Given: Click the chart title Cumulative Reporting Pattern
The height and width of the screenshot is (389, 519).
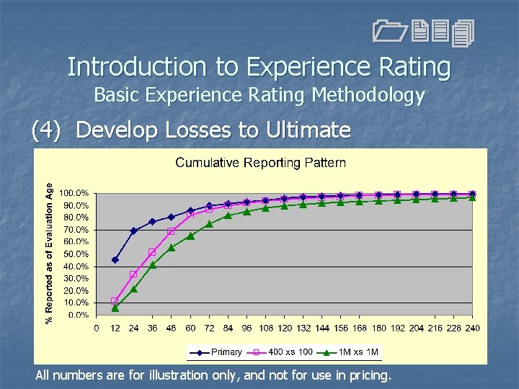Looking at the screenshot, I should coord(260,163).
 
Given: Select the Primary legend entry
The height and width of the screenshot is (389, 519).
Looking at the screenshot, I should coord(216,352).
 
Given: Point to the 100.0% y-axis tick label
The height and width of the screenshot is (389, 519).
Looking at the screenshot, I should coord(74,193).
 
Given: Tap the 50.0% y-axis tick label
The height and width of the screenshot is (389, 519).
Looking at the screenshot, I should coord(76,254).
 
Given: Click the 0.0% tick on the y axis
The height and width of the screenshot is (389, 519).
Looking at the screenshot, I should coord(78,315).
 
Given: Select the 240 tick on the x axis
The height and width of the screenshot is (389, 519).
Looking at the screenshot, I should coord(473,328).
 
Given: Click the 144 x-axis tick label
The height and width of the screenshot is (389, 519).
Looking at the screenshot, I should coord(322,328).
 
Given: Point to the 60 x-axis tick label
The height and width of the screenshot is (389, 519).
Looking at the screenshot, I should coord(191,328).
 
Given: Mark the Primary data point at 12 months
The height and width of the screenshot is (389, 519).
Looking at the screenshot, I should coord(115,260).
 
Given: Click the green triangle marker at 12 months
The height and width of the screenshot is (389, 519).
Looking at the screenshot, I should coord(115,308).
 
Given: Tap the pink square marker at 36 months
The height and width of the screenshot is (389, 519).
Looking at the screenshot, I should coord(153,252).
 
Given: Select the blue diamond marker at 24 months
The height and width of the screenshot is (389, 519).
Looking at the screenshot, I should coord(134,231).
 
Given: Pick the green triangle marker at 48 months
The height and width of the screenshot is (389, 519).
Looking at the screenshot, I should coord(172,247).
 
